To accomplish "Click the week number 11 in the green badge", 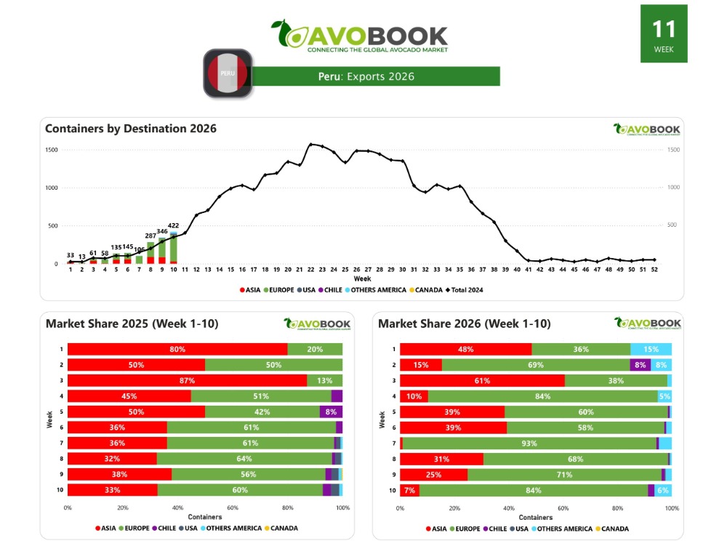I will point(664,29).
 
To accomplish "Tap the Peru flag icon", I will point(228,73).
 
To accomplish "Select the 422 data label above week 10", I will point(173,225).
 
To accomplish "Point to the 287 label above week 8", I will point(150,236).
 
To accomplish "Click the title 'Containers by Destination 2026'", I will point(131,129).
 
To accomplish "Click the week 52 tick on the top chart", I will point(654,269).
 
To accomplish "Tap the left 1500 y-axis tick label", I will point(52,150).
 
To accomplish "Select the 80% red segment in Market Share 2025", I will point(177,349).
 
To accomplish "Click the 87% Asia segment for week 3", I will point(187,380).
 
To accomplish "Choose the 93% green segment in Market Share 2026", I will point(529,443).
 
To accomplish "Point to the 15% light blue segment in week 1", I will point(651,349).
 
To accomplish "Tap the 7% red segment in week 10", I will point(409,490).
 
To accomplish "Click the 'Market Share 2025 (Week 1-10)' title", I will point(132,324).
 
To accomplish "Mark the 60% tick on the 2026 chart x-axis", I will point(563,507).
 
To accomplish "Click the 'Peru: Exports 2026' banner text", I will point(366,76).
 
